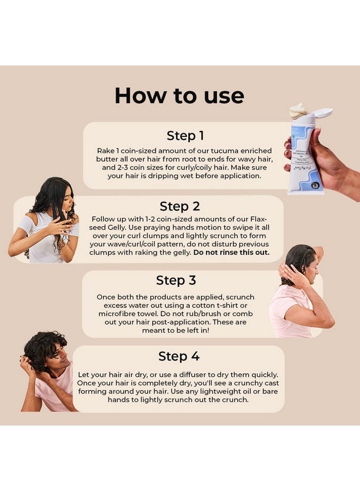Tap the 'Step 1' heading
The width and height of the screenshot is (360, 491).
coord(185,136)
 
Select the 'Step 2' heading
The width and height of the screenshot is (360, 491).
coord(179,206)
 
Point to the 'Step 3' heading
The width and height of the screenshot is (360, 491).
coord(176,280)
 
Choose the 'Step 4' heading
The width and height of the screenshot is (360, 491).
coord(179,356)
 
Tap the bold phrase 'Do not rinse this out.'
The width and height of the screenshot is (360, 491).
coord(231,253)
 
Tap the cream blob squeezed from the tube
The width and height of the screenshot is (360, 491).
coord(300,110)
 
